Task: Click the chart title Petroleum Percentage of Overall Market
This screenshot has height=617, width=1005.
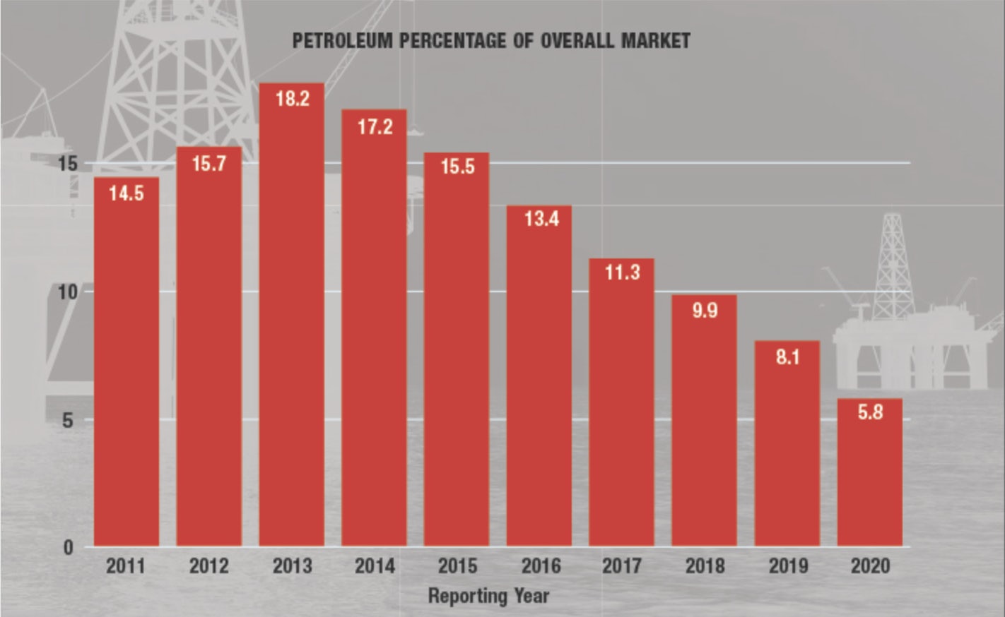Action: pos(490,41)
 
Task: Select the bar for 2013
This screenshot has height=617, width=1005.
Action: pos(291,314)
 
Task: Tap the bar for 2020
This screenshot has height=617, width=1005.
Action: pos(869,473)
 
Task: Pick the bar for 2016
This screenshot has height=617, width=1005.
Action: pos(539,376)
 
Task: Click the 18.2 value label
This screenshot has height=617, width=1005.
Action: pos(292,99)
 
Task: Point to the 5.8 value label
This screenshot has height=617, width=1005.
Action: pos(870,412)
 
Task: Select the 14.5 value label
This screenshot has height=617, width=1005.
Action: pos(127,193)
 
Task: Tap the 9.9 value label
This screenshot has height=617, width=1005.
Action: pos(705,310)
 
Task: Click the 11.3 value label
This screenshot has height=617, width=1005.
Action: pos(622,272)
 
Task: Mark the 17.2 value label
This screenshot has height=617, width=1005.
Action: pos(375,127)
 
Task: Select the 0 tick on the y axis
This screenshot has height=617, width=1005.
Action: pos(69,547)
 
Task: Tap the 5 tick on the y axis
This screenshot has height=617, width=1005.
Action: pos(69,420)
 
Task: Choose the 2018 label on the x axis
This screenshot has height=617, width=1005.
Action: pos(705,566)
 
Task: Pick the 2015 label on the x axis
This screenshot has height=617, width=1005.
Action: pos(457,566)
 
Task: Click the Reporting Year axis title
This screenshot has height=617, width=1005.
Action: pos(488,595)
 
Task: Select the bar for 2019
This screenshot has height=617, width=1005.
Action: pos(787,443)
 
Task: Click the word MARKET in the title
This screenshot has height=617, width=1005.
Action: pos(655,41)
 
